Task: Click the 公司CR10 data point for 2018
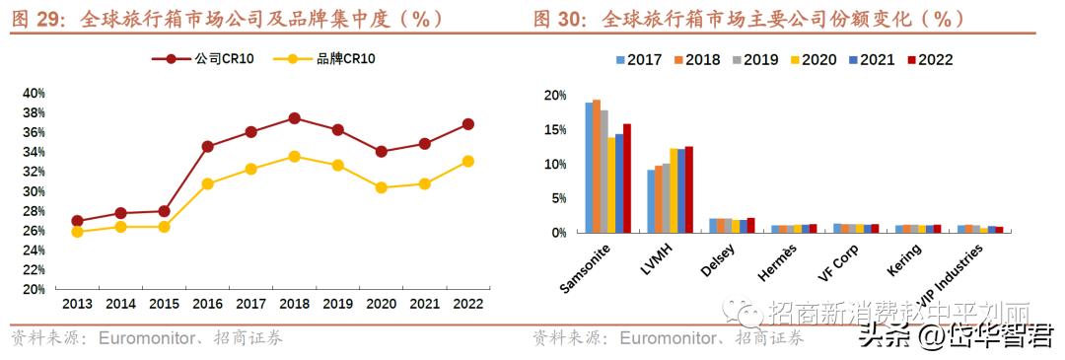(294, 118)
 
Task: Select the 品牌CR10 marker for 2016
(207, 183)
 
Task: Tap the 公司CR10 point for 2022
(467, 124)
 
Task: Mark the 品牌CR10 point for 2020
(381, 187)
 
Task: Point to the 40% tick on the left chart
(35, 93)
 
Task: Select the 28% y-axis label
(35, 211)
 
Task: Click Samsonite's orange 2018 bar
(597, 166)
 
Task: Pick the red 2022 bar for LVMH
(689, 189)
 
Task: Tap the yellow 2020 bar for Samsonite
(611, 184)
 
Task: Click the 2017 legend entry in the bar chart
(637, 60)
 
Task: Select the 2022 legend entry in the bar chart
(927, 60)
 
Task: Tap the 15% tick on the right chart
(554, 130)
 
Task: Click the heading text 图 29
(35, 19)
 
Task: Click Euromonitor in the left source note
(149, 339)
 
